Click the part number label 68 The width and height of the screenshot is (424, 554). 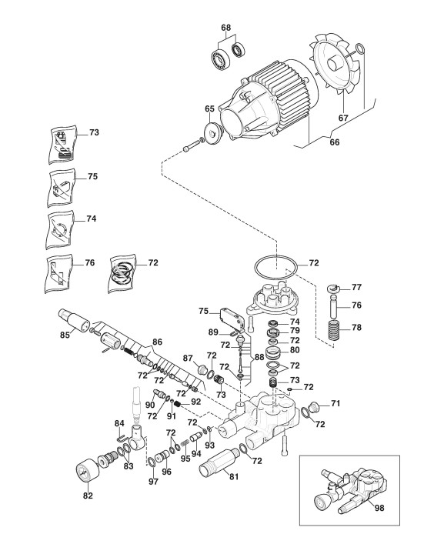[x=225, y=28]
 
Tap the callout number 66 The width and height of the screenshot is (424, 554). [x=334, y=142]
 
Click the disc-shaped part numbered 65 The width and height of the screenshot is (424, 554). [x=212, y=133]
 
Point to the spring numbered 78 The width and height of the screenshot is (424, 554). [x=334, y=330]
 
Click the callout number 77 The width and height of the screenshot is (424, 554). [x=356, y=287]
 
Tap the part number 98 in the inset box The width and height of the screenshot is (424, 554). [x=379, y=508]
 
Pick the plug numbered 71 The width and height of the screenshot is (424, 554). [x=313, y=406]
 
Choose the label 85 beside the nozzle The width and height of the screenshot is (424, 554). [x=65, y=335]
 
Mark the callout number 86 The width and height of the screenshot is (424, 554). [x=157, y=342]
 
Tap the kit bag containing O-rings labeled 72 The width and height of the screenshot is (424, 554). [x=121, y=273]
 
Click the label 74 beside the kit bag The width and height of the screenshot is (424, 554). [x=91, y=219]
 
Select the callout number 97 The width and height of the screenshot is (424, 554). [x=153, y=481]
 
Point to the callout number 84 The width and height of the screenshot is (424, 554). [x=119, y=423]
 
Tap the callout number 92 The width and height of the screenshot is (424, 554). [x=195, y=402]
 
